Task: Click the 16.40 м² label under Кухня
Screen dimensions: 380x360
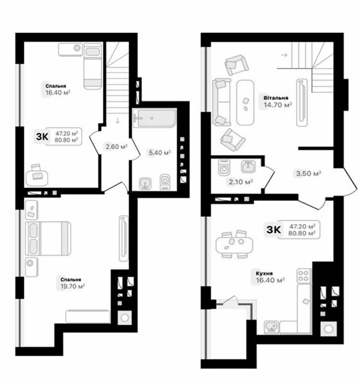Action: (x=271, y=280)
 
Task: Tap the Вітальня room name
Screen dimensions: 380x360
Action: (x=275, y=96)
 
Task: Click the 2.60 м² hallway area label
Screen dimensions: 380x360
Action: (x=116, y=147)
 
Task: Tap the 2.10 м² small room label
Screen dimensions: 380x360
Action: (x=241, y=181)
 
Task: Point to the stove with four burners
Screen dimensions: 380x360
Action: (x=304, y=275)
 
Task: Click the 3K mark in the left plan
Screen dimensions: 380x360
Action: (x=43, y=136)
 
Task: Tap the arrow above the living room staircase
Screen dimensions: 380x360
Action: (x=284, y=55)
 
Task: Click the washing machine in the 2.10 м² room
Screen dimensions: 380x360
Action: (x=225, y=168)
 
